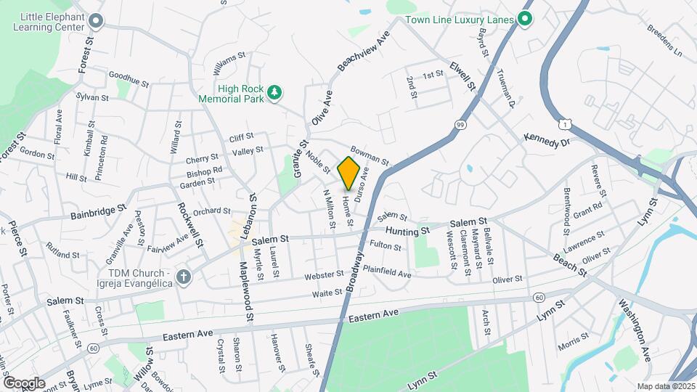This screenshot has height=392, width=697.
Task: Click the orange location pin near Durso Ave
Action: coord(348,173)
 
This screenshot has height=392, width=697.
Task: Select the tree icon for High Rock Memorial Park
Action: coord(274,92)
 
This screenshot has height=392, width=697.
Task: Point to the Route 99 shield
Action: coord(460,126)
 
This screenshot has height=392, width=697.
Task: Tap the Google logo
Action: coord(23,383)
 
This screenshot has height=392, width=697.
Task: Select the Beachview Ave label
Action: coord(364,52)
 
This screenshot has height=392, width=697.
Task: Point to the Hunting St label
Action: coord(408,231)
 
